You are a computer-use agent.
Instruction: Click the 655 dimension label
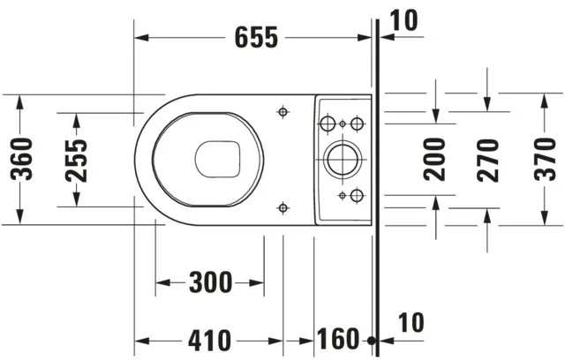[256, 37]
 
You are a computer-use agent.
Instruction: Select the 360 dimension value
[21, 159]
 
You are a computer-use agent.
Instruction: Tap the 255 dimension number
[77, 161]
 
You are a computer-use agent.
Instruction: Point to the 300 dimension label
[211, 282]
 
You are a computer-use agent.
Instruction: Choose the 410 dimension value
[209, 341]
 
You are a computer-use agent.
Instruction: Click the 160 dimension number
[338, 339]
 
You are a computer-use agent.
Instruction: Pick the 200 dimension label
[434, 159]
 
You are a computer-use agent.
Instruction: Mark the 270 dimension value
[488, 161]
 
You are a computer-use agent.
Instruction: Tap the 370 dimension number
[546, 159]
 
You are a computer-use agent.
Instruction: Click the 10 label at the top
[404, 20]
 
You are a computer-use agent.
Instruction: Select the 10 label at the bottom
[411, 323]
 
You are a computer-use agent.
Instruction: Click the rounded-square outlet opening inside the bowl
[218, 159]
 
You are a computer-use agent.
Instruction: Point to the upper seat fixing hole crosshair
[283, 112]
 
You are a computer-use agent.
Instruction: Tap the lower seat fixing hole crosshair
[283, 207]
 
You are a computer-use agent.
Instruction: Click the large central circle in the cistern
[343, 159]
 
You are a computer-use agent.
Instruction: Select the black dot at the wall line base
[372, 340]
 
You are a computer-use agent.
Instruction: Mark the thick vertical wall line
[377, 188]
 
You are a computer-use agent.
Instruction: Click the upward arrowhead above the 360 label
[19, 102]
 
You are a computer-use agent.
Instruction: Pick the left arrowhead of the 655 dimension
[141, 37]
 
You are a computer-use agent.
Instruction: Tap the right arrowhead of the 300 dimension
[257, 282]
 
